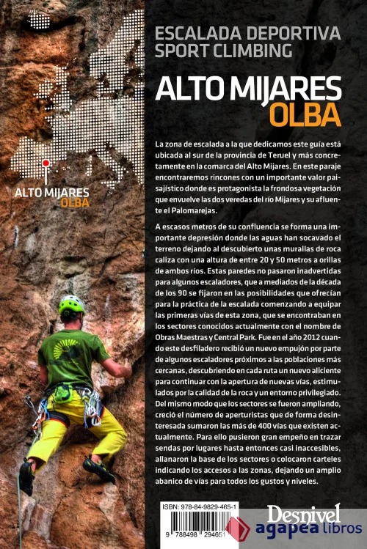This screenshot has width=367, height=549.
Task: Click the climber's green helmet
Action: click(x=72, y=303)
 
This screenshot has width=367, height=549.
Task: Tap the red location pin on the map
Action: click(x=46, y=164)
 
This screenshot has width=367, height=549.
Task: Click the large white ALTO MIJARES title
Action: click(x=248, y=89)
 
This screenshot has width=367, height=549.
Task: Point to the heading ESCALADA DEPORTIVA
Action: click(x=248, y=34)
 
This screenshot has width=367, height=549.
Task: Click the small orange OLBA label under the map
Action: click(x=75, y=204)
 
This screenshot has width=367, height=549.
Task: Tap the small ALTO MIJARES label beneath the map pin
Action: click(x=53, y=193)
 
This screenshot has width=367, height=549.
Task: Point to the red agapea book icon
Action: click(x=238, y=528)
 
